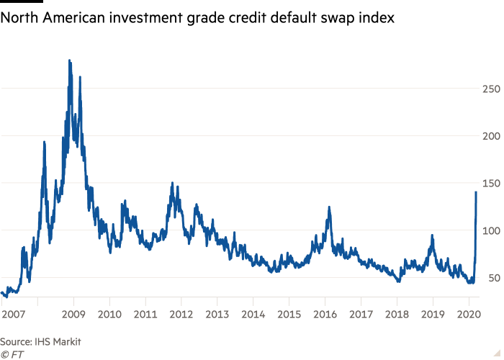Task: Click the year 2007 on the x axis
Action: pyautogui.click(x=13, y=314)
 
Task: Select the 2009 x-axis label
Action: pyautogui.click(x=73, y=314)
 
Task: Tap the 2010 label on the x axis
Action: pyautogui.click(x=109, y=314)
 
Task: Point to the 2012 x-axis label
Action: pyautogui.click(x=181, y=314)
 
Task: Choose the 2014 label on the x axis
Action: pyautogui.click(x=253, y=314)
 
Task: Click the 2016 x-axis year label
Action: pyautogui.click(x=325, y=314)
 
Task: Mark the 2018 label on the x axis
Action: pyautogui.click(x=397, y=314)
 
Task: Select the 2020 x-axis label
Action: pyautogui.click(x=469, y=314)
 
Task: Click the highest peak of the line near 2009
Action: pyautogui.click(x=69, y=60)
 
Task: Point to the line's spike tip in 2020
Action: pyautogui.click(x=476, y=192)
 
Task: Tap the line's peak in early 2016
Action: pyautogui.click(x=329, y=207)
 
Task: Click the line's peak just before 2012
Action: pyautogui.click(x=171, y=183)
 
